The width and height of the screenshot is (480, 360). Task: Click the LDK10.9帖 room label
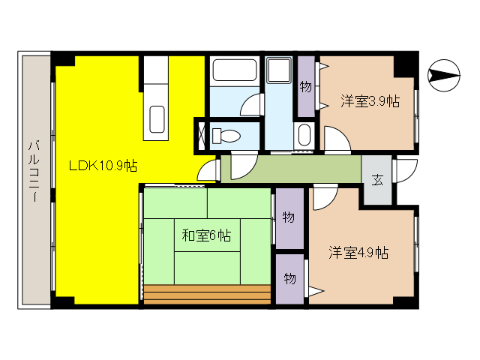coord(103,165)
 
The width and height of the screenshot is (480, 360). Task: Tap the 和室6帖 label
coord(206,235)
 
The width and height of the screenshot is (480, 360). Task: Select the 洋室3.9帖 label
coord(369,100)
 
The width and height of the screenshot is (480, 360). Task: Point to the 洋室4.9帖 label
coord(358,252)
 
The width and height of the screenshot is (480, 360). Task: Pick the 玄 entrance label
coord(377,180)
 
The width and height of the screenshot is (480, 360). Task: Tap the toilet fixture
coord(226,136)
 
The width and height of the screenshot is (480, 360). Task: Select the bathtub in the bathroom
coord(234,72)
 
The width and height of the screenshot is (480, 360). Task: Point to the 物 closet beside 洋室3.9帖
coord(305,88)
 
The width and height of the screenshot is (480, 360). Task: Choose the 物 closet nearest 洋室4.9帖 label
coord(289,278)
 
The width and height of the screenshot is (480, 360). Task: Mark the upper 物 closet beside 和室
coord(288,217)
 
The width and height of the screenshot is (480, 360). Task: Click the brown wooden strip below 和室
coord(207,295)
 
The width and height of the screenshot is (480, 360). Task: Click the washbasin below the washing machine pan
coord(304,136)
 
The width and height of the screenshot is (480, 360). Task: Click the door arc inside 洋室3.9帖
coord(334,140)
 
